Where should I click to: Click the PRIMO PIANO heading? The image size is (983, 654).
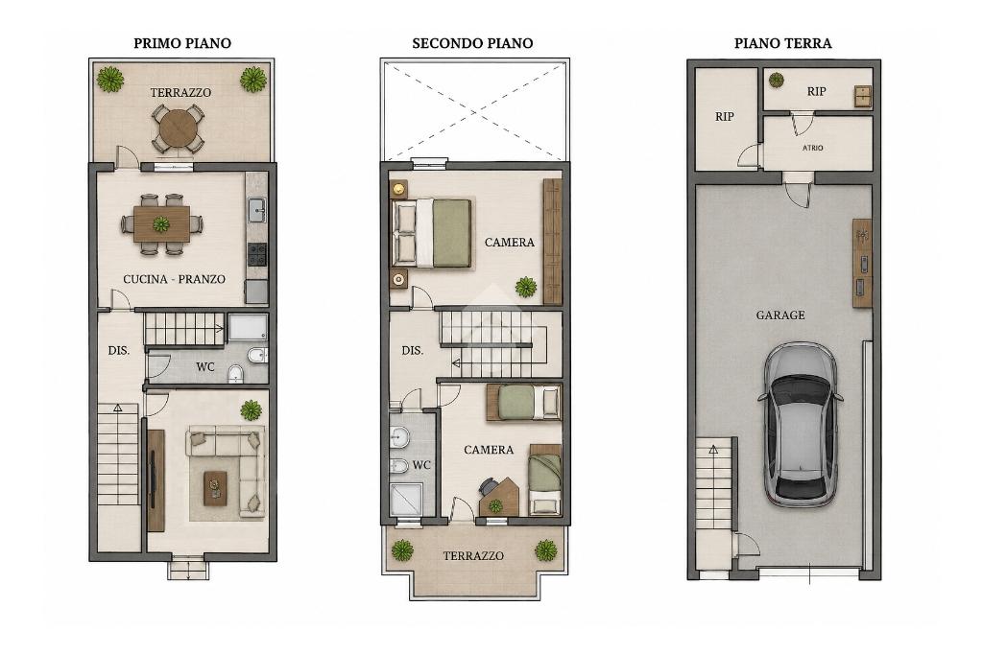[x=182, y=43]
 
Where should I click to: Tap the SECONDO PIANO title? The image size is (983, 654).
[x=472, y=43]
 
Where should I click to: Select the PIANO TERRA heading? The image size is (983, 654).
[x=783, y=43]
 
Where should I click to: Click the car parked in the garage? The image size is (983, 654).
[x=801, y=424]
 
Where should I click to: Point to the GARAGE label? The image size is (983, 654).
[x=780, y=315]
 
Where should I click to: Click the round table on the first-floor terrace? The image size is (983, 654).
[x=179, y=128]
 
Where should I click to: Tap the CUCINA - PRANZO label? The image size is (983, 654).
[x=175, y=279]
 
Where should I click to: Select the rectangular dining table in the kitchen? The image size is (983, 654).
[x=161, y=223]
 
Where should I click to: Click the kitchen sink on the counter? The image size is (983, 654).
[x=257, y=210]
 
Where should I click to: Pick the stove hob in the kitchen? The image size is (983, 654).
[x=257, y=254]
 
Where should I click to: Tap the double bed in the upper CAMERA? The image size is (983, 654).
[x=431, y=234]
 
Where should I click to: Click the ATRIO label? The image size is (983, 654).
[x=813, y=148]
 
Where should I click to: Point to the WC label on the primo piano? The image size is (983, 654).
[x=205, y=366]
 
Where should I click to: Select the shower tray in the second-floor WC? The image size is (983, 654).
[x=406, y=500]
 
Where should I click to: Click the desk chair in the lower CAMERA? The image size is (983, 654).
[x=488, y=486]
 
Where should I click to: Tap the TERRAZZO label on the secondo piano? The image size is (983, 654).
[x=473, y=555]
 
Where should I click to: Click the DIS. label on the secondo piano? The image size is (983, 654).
[x=413, y=351]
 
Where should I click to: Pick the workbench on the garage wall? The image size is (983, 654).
[x=862, y=263]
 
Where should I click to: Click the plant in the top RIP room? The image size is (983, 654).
[x=776, y=80]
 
